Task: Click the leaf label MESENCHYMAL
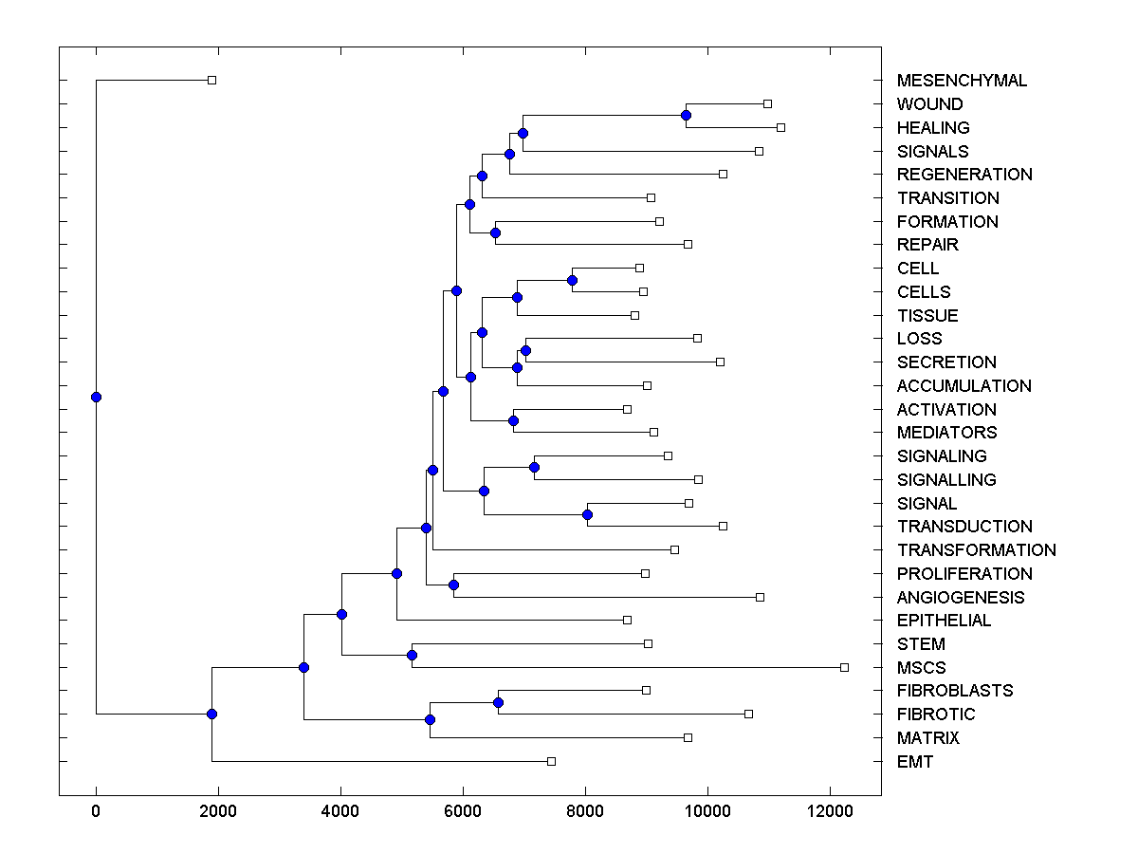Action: click(x=962, y=81)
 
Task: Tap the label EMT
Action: click(x=915, y=761)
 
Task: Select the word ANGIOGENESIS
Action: click(x=961, y=597)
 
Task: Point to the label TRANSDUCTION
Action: click(x=964, y=527)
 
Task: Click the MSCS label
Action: click(x=921, y=667)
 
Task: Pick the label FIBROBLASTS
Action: click(x=955, y=691)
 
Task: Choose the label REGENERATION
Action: click(x=964, y=175)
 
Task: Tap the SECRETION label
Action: click(x=946, y=362)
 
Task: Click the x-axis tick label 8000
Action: click(x=585, y=809)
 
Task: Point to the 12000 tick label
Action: click(x=830, y=809)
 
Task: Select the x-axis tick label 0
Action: click(x=96, y=809)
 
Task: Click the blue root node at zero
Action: click(x=96, y=397)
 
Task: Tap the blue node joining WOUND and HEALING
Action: click(x=686, y=115)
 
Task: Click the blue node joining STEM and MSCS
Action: click(x=412, y=655)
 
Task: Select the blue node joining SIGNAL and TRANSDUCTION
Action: click(x=587, y=514)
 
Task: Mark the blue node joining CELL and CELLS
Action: click(x=572, y=280)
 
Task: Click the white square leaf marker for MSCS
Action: click(x=844, y=667)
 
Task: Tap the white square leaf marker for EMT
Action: click(x=551, y=761)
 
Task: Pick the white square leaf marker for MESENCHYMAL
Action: click(x=211, y=81)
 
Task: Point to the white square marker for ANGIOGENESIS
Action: click(x=760, y=597)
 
